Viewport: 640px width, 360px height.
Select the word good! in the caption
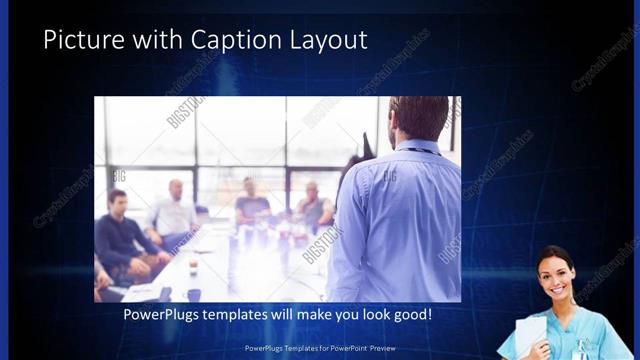click(x=411, y=315)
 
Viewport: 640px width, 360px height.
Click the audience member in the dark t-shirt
click(x=252, y=204)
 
